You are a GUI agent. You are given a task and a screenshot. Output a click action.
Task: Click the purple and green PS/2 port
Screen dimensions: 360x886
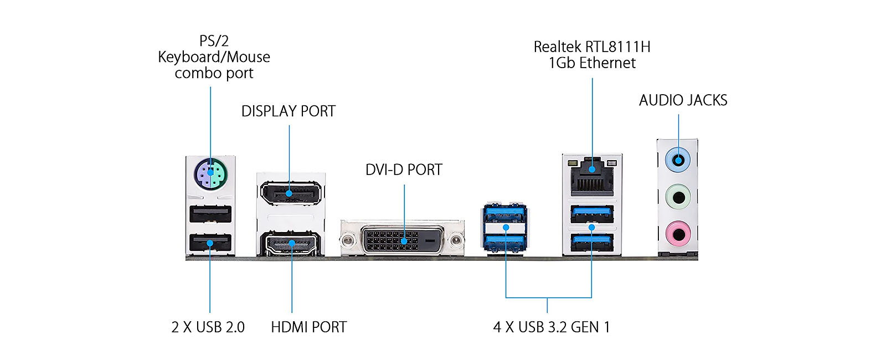tap(210, 173)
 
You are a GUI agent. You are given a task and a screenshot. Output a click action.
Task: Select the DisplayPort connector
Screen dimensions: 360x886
tap(289, 193)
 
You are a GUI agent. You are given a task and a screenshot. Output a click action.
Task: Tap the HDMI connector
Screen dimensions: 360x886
tap(292, 244)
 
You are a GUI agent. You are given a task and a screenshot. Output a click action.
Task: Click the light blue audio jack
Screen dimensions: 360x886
tap(678, 161)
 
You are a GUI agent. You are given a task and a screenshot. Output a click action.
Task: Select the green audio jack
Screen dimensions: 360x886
tap(678, 197)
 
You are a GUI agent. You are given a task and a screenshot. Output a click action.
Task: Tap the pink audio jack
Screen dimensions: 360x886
tap(678, 233)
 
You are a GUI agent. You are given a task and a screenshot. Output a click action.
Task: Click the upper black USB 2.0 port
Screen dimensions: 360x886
tap(210, 214)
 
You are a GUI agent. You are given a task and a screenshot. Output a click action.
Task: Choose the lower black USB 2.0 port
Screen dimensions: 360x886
tap(210, 243)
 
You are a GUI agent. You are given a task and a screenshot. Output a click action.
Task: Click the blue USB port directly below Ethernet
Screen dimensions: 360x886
tap(592, 213)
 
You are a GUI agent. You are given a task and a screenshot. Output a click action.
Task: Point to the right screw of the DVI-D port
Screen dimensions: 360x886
tap(456, 240)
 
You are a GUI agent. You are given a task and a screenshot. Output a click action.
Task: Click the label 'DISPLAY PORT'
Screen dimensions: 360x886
tap(289, 111)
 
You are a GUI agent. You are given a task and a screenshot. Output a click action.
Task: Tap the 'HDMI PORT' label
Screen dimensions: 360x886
tap(308, 327)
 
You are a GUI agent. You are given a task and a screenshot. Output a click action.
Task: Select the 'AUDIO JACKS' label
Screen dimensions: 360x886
tap(683, 100)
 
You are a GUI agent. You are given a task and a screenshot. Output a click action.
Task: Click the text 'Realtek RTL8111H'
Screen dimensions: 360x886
tap(592, 47)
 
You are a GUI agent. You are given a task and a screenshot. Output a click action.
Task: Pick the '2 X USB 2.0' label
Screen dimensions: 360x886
tap(208, 327)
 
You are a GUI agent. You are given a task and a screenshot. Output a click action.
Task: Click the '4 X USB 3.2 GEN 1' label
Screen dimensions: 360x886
tap(552, 327)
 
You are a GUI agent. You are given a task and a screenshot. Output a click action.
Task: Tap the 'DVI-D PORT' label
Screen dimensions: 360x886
tap(404, 169)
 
